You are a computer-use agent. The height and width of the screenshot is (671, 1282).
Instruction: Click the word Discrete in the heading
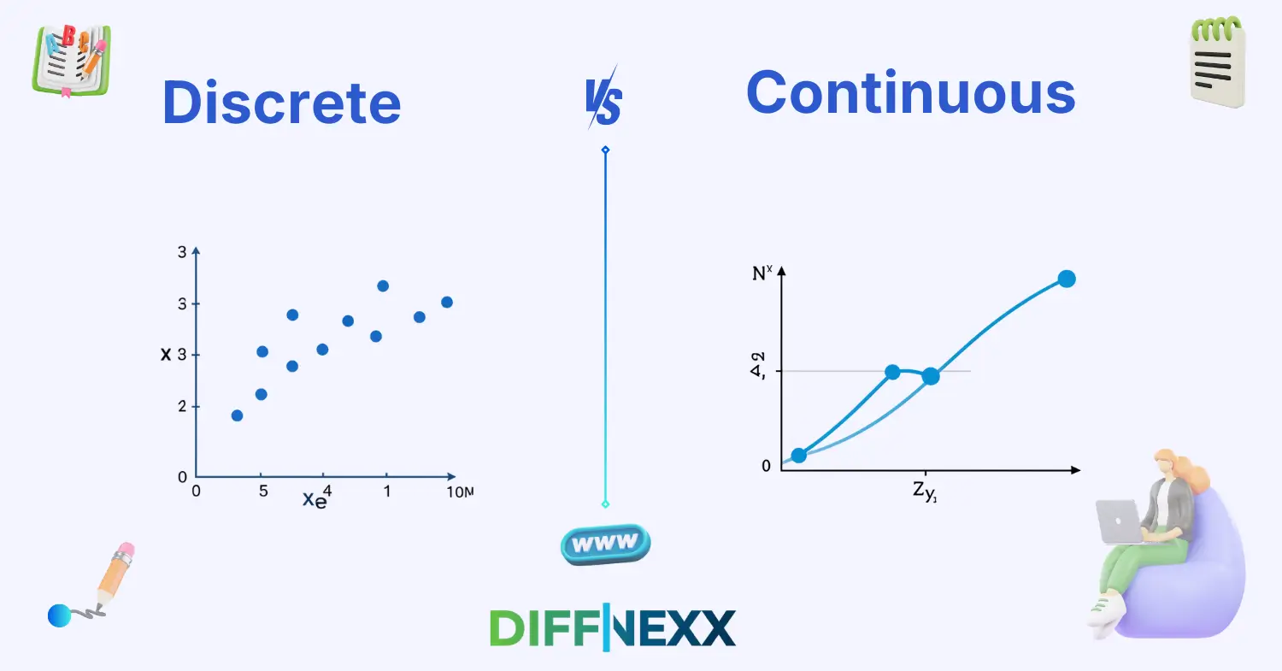click(281, 103)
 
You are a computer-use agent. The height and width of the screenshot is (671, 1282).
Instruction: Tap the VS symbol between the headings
click(603, 102)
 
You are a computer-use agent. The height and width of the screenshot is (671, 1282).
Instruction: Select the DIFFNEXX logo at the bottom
click(612, 627)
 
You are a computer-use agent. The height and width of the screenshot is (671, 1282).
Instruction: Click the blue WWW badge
click(605, 543)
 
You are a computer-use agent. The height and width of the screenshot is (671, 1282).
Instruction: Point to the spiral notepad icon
click(1217, 63)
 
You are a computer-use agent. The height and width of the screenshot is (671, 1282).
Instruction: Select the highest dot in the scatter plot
click(383, 285)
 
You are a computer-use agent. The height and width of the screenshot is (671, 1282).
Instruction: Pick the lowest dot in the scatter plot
click(237, 415)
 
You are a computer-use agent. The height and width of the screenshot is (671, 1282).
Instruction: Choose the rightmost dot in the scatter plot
click(446, 302)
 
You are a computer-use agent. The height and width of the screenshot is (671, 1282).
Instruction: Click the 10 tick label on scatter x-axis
click(458, 491)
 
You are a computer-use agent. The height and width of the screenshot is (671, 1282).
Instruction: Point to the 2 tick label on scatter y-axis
click(181, 407)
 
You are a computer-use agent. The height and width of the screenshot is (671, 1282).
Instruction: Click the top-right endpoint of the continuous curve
click(1066, 279)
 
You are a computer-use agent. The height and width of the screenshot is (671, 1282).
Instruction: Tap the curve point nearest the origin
click(798, 455)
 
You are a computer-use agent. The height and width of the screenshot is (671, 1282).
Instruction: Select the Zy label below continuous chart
click(926, 493)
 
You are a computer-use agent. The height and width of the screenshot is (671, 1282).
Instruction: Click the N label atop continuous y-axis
click(761, 275)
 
